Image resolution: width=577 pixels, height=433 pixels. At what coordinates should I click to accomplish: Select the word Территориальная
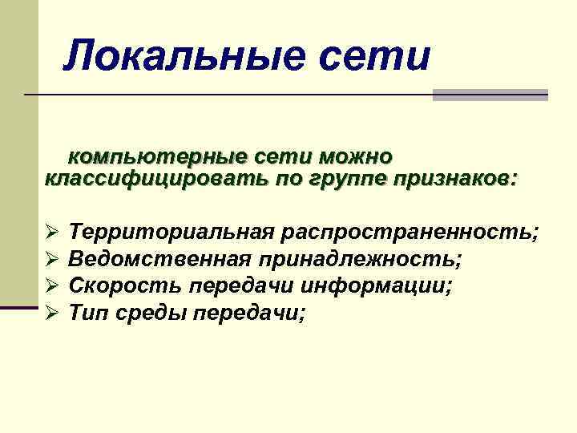click(x=172, y=233)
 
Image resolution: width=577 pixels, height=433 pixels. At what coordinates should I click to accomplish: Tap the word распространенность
click(x=410, y=233)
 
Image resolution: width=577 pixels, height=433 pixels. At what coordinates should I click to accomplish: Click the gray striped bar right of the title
click(x=490, y=95)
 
